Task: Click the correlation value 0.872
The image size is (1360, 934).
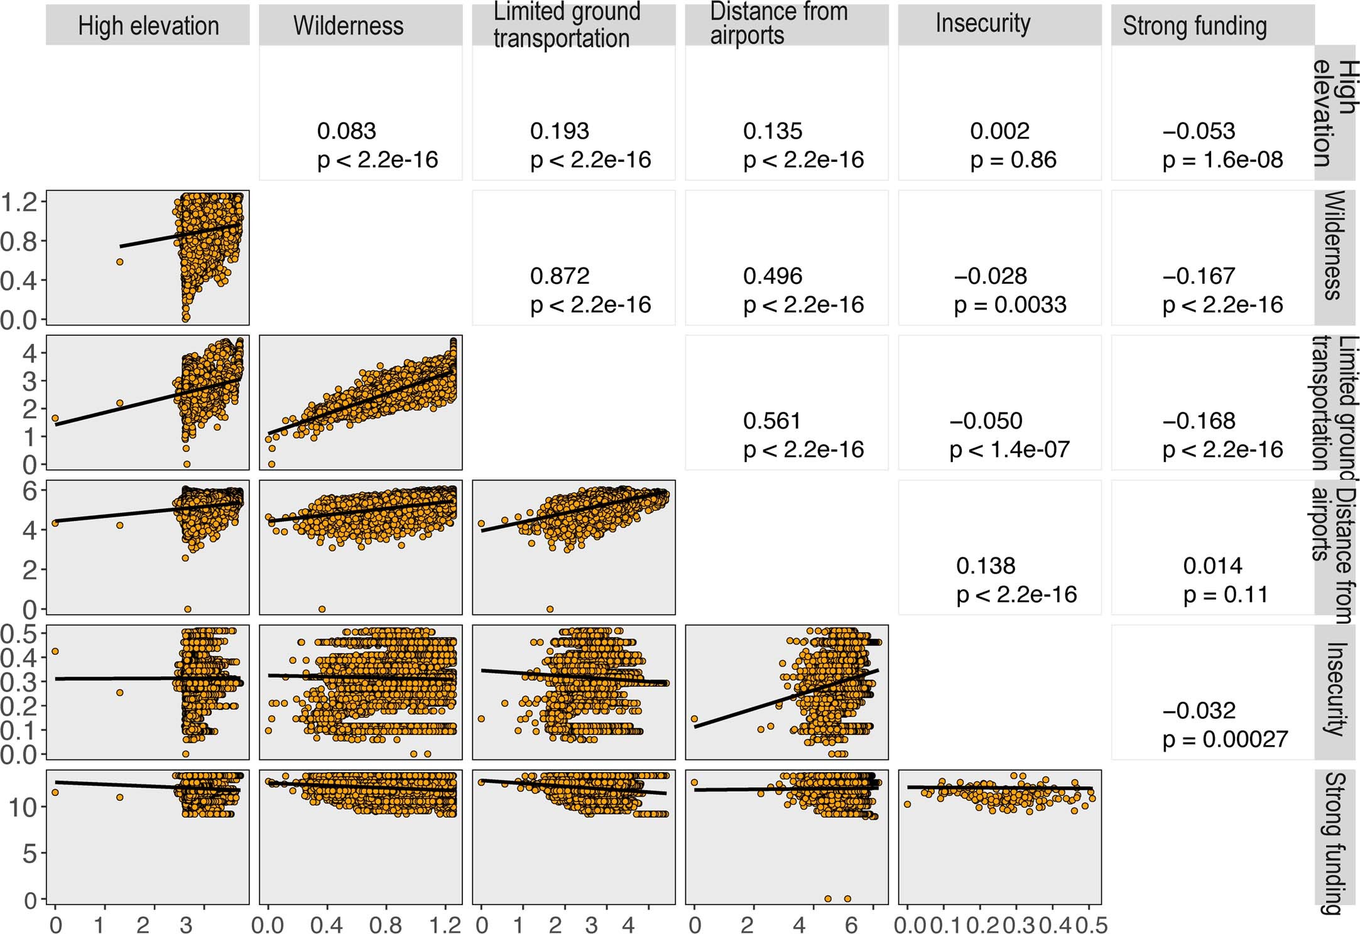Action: [559, 276]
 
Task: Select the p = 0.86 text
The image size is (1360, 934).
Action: [1013, 160]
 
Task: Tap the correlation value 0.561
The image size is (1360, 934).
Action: [771, 421]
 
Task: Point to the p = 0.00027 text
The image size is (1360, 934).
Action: [1224, 739]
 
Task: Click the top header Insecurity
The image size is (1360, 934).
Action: [982, 24]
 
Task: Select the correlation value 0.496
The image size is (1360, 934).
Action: [772, 276]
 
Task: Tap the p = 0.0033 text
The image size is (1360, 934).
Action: [1009, 305]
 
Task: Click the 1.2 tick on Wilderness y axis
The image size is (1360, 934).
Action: [20, 202]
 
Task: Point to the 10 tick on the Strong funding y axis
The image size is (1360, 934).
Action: [23, 807]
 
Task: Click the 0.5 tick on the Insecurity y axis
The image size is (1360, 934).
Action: [20, 633]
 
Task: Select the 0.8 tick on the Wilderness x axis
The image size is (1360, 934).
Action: [385, 925]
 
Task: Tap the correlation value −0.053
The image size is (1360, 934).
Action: [1198, 131]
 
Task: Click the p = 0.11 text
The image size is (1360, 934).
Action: [1225, 594]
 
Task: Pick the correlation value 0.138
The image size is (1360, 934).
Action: [985, 566]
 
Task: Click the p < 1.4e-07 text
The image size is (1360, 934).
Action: [1009, 450]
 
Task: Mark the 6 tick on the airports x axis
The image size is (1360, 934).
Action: [851, 925]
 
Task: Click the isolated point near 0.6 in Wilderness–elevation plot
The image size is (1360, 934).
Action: [119, 262]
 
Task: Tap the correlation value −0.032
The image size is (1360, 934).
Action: [1199, 711]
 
